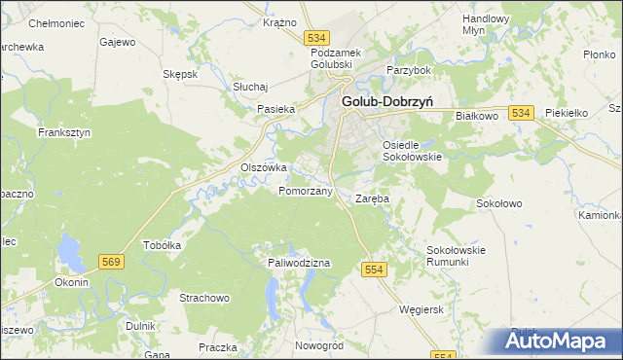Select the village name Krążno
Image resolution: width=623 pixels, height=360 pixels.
tap(279, 21)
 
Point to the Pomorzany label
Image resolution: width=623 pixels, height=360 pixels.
tap(306, 191)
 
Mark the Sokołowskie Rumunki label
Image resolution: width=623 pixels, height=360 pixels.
tap(456, 256)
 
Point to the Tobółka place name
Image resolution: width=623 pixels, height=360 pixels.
tap(163, 245)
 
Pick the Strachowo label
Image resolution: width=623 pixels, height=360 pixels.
tap(203, 297)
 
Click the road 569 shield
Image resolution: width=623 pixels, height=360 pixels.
tap(111, 261)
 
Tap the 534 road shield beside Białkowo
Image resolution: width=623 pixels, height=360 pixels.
tap(521, 114)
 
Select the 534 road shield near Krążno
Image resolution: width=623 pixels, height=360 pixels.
tap(315, 37)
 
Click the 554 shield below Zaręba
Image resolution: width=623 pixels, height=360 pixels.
tap(375, 268)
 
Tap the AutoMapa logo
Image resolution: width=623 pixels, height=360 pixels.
tap(556, 342)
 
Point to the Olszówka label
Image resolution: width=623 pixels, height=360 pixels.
tap(263, 167)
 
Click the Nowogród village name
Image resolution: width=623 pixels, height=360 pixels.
tap(319, 345)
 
